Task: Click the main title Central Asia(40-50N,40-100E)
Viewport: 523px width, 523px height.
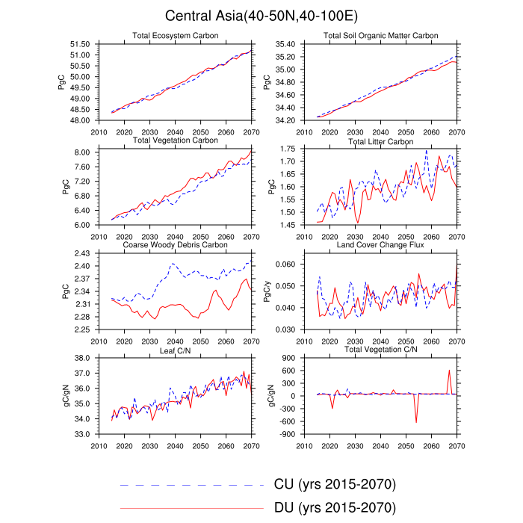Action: click(x=261, y=16)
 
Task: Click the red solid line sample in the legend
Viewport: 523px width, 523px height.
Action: click(x=192, y=508)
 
